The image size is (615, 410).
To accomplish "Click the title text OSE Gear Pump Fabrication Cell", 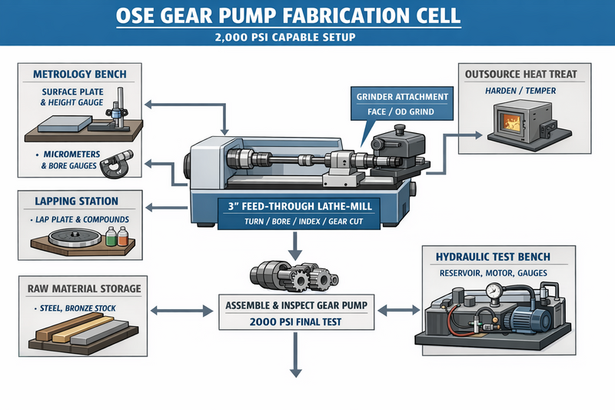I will (307, 15).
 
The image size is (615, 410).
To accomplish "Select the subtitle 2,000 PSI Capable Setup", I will (307, 36).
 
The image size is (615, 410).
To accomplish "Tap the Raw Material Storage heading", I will (85, 288).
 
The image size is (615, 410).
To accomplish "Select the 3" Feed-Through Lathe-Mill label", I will (295, 207).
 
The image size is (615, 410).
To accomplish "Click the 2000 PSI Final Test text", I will (295, 322).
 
